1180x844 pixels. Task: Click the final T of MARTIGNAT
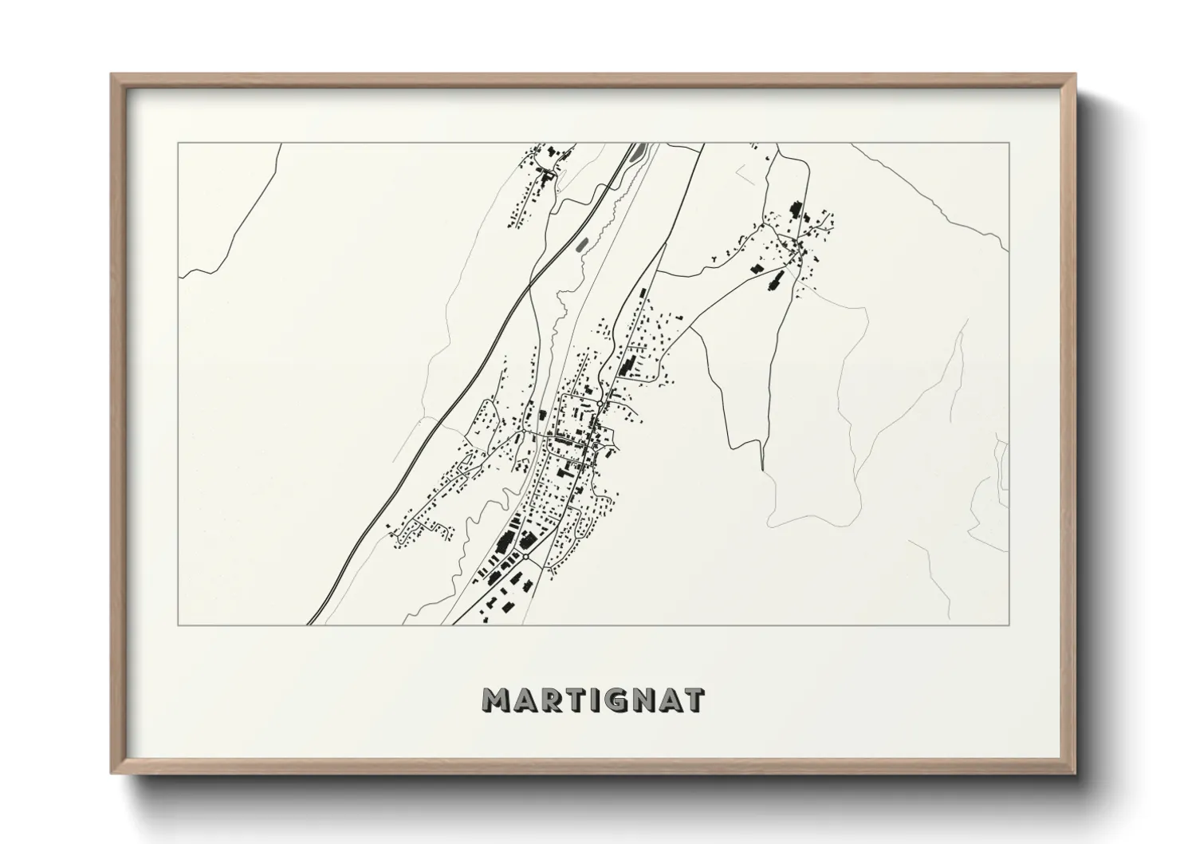693,700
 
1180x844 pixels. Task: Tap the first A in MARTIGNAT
528,700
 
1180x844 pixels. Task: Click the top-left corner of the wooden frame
112,75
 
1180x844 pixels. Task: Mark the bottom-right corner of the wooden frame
1076,773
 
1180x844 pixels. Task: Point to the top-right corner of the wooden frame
1076,75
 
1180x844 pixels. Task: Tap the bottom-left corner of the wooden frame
112,773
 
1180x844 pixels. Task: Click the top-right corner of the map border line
1009,144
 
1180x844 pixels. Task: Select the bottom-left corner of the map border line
179,625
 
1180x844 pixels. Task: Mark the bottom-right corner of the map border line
1009,625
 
